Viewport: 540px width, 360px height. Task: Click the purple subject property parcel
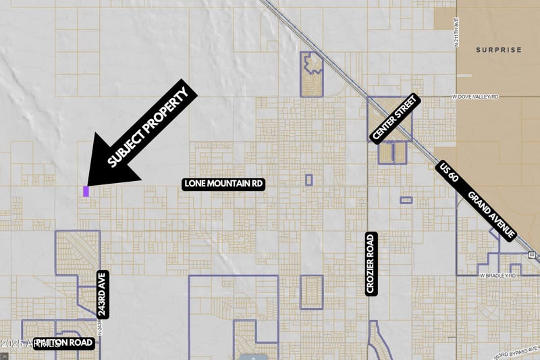(86, 191)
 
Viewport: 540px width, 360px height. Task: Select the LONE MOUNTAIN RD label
(223, 184)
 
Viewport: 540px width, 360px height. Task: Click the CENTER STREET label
(394, 118)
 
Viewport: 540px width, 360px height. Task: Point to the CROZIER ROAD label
(370, 263)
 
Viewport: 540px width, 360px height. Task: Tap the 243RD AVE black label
(103, 294)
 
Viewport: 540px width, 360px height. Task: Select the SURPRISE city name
(498, 50)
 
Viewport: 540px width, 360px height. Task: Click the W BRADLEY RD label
(497, 276)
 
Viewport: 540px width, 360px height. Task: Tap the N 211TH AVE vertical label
(457, 33)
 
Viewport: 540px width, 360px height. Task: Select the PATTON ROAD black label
(64, 342)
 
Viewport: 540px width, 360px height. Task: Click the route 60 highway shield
(532, 255)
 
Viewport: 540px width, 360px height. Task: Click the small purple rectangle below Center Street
(406, 200)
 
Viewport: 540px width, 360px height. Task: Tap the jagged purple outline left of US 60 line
(312, 74)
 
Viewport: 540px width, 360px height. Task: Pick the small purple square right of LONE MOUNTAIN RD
(308, 180)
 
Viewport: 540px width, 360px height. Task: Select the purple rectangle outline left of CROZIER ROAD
(311, 292)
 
